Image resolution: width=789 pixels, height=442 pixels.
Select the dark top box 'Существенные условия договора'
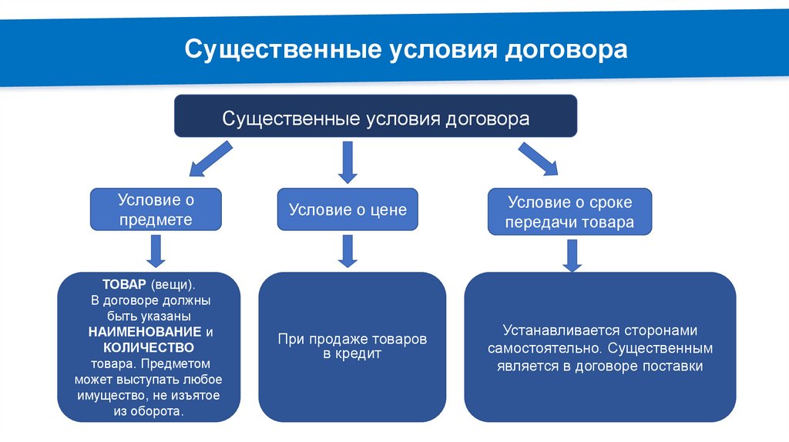coord(375,119)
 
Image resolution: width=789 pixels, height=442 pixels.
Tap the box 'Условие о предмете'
coord(156,209)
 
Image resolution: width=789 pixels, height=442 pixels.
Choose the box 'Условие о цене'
coord(347,209)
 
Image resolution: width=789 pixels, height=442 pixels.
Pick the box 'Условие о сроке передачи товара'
coord(570,212)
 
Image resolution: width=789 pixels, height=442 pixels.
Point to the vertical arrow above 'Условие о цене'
coord(348,162)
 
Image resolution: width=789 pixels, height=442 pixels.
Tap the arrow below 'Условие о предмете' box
coord(156,251)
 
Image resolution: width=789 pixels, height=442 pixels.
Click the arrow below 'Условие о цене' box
coord(348,251)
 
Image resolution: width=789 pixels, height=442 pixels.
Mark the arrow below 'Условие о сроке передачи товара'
coord(571,255)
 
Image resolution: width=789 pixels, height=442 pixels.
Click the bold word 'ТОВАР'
coord(119,284)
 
